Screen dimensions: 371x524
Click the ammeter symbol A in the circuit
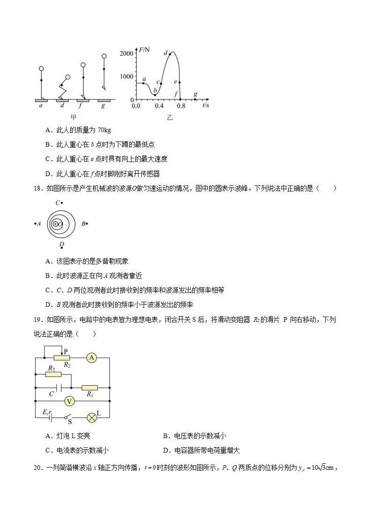pyautogui.click(x=92, y=358)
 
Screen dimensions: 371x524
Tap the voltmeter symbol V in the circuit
pyautogui.click(x=70, y=401)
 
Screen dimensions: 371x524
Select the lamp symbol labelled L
pyautogui.click(x=92, y=417)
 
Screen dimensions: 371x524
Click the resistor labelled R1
pyautogui.click(x=89, y=388)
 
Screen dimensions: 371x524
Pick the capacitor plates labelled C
pyautogui.click(x=59, y=388)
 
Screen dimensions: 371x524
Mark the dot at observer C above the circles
pyautogui.click(x=62, y=203)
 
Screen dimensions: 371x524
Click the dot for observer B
pyautogui.click(x=87, y=224)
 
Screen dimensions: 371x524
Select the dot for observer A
pyautogui.click(x=35, y=224)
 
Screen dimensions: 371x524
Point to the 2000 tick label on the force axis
pyautogui.click(x=126, y=53)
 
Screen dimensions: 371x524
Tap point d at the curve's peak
pyautogui.click(x=170, y=53)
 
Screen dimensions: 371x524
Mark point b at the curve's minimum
pyautogui.click(x=155, y=95)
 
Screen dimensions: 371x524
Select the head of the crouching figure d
pyautogui.click(x=68, y=77)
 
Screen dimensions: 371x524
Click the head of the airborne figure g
pyautogui.click(x=104, y=57)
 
